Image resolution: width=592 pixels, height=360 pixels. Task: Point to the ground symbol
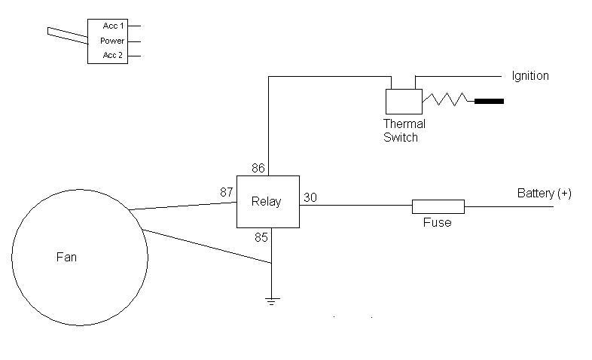(272, 301)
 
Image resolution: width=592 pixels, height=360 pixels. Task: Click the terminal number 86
(258, 168)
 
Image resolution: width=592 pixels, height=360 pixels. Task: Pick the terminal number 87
(227, 192)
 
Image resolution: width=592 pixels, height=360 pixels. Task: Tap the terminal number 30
(310, 197)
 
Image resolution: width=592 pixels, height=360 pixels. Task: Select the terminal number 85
(261, 237)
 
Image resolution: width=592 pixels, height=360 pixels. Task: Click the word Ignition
(530, 76)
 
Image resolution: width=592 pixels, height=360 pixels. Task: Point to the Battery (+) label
(544, 194)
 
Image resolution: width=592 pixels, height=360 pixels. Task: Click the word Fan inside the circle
(66, 257)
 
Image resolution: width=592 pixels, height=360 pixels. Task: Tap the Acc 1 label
(113, 26)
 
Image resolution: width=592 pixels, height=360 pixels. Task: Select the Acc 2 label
(113, 55)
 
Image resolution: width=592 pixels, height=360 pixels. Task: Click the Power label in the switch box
(112, 41)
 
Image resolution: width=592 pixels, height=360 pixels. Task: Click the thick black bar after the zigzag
(489, 101)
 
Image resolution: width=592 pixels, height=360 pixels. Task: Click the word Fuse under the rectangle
(437, 222)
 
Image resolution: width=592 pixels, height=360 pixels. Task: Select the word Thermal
(404, 124)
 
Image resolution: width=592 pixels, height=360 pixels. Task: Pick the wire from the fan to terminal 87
(183, 206)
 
